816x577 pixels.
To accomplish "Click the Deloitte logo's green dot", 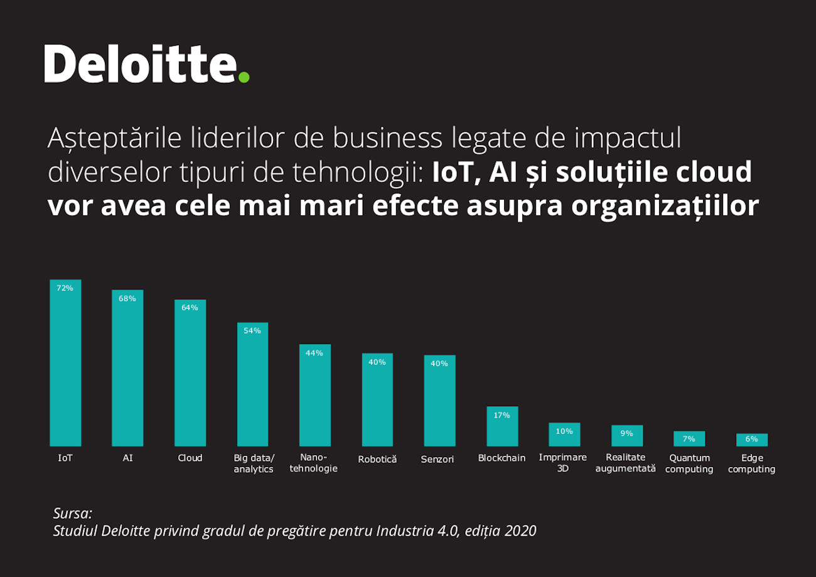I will pyautogui.click(x=244, y=77).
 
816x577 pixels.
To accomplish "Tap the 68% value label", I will pyautogui.click(x=127, y=298).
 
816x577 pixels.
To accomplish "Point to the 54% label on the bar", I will pyautogui.click(x=252, y=331).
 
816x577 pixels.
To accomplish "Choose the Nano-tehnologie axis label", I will pyautogui.click(x=313, y=463).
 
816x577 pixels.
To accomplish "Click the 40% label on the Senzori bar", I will pyautogui.click(x=439, y=364).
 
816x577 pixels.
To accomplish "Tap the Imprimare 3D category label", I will pyautogui.click(x=562, y=463).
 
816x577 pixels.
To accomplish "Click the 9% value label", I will pyautogui.click(x=626, y=433).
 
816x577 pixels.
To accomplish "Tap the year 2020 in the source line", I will pyautogui.click(x=520, y=531).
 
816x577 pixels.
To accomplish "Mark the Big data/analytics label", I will pyautogui.click(x=254, y=463).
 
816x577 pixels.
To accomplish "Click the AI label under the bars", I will pyautogui.click(x=127, y=458).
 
